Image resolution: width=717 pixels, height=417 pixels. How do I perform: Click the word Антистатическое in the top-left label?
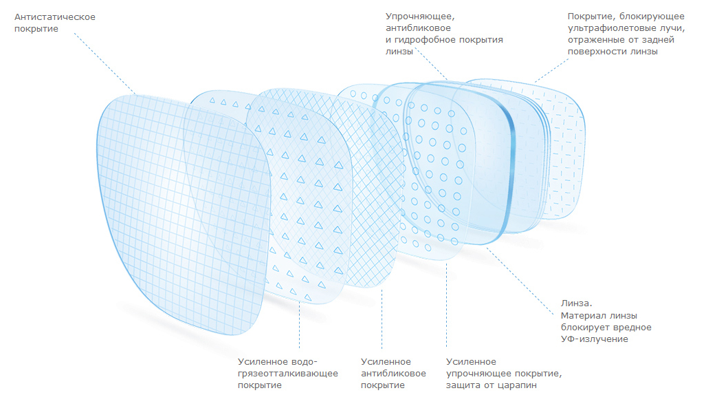click(x=54, y=17)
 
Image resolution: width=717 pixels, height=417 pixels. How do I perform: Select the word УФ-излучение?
click(x=595, y=339)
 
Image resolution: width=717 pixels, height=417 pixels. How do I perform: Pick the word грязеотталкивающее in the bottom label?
click(x=287, y=374)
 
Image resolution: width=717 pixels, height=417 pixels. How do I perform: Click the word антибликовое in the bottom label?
click(x=393, y=374)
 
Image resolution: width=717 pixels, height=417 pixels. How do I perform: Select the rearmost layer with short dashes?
click(x=564, y=138)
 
